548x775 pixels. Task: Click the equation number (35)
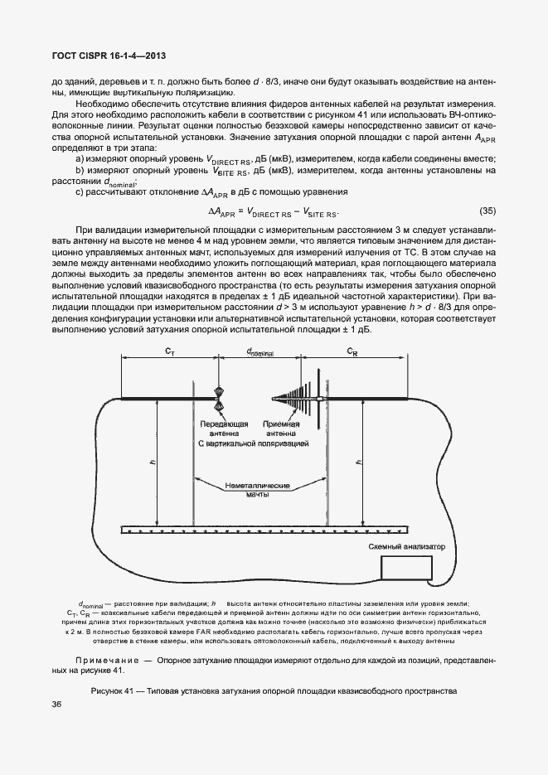[487, 210]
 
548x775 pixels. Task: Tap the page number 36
[57, 704]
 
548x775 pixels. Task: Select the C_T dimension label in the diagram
[169, 351]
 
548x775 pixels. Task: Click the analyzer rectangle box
[406, 567]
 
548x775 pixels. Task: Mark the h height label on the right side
[357, 461]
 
